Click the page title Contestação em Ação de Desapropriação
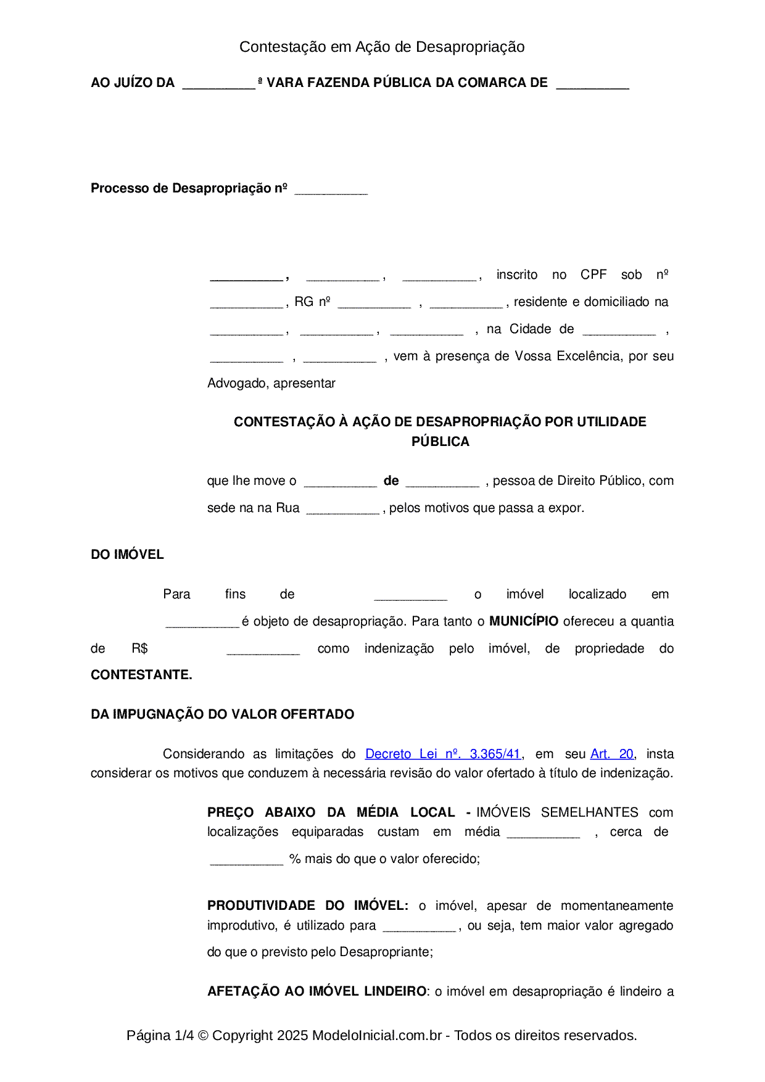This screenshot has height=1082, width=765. tap(382, 47)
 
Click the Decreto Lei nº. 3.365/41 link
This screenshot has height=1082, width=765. tap(444, 754)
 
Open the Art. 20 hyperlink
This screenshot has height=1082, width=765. tap(611, 754)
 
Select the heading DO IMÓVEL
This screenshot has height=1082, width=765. tap(127, 555)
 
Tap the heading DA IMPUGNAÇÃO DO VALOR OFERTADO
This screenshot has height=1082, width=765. tap(222, 714)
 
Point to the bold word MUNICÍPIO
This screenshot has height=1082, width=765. tap(524, 621)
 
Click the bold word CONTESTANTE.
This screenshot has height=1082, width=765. tap(141, 675)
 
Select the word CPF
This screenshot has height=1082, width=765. tap(593, 275)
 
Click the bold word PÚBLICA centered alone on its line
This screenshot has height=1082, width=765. tap(440, 442)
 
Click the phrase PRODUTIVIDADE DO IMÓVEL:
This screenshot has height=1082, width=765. tap(307, 906)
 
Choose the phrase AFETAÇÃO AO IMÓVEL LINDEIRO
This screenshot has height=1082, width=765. tap(316, 991)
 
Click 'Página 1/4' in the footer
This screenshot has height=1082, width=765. tap(160, 1035)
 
